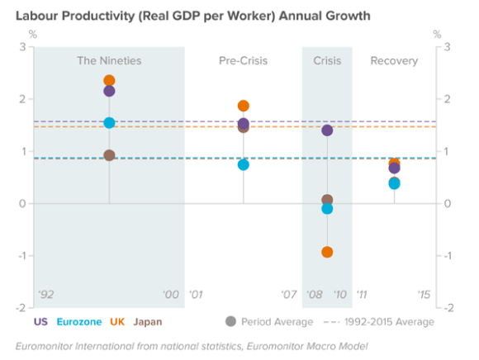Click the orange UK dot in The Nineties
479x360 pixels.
(x=109, y=81)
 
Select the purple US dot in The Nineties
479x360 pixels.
(x=109, y=91)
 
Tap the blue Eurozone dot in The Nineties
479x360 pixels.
(x=109, y=123)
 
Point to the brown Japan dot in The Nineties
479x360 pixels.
(x=109, y=155)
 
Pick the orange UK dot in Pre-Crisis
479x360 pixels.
(x=244, y=106)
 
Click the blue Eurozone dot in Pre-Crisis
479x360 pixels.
(x=244, y=164)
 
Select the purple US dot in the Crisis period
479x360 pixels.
(x=327, y=130)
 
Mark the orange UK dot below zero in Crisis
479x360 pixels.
(x=327, y=252)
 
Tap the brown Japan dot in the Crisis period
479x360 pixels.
(x=327, y=200)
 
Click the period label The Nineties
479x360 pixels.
(x=109, y=61)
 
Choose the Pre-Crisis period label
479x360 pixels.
(x=243, y=61)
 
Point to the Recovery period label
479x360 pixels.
(x=394, y=61)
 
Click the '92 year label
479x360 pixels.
(x=45, y=294)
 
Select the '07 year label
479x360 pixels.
(x=288, y=294)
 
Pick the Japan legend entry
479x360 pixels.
(x=147, y=321)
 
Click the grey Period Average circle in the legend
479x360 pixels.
(x=230, y=321)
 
